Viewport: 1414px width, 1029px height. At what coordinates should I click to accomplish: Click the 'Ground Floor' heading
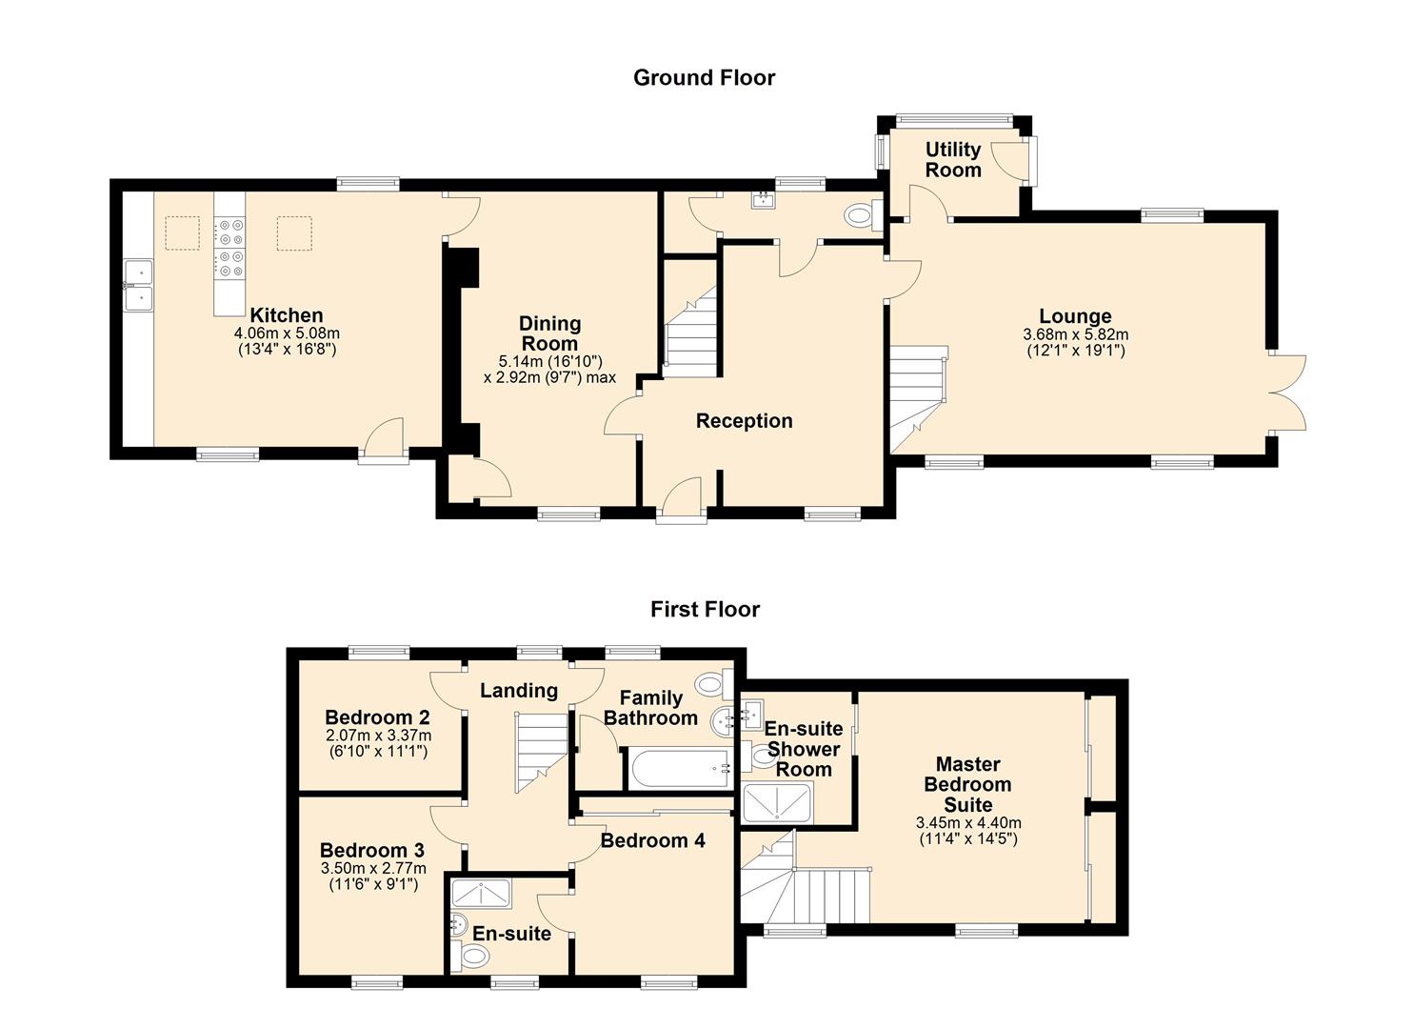[704, 78]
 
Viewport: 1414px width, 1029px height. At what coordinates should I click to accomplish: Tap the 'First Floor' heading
[706, 610]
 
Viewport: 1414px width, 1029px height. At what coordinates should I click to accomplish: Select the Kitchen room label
[287, 315]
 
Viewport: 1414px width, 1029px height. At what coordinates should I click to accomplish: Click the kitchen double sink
[139, 285]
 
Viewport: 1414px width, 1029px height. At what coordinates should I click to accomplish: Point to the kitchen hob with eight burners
[229, 248]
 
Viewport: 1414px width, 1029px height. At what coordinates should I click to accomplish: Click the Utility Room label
[953, 160]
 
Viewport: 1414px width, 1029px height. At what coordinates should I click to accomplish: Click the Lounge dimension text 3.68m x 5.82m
[1076, 334]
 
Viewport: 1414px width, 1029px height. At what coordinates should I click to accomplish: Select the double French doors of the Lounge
[1287, 393]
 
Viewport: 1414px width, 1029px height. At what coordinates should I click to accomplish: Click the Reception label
[745, 421]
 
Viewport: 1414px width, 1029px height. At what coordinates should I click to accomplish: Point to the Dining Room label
[549, 333]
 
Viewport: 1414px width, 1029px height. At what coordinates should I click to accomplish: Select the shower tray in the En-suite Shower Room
[777, 803]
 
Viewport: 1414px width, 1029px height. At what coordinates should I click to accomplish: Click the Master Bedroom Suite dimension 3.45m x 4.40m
[968, 823]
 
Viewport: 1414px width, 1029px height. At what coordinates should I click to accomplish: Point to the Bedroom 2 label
[377, 717]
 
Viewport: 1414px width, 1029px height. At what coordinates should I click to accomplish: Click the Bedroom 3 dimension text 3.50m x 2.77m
[373, 868]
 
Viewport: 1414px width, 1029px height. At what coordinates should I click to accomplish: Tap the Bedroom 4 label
[652, 840]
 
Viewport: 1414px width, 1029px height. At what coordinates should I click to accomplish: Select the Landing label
[519, 691]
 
